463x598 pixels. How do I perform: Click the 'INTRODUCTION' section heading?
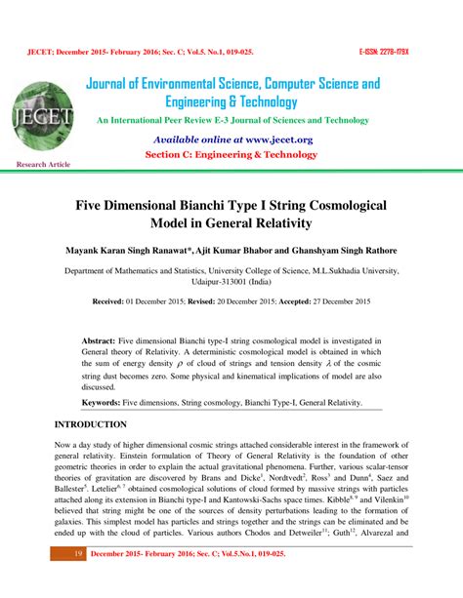point(90,425)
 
